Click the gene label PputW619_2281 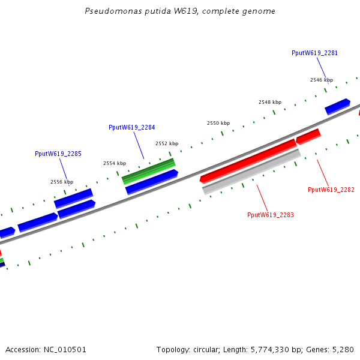[x=314, y=53]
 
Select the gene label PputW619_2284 [x=131, y=127]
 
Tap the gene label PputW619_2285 [x=58, y=154]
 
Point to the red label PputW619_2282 [x=331, y=190]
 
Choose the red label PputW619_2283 [x=270, y=215]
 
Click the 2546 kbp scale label [x=321, y=80]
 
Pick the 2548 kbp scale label [x=269, y=102]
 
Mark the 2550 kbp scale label [x=218, y=123]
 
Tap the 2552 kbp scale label [x=167, y=143]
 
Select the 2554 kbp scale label [x=115, y=163]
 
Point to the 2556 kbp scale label [x=61, y=182]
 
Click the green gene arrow [x=149, y=171]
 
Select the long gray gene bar [x=251, y=172]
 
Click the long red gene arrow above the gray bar [x=248, y=161]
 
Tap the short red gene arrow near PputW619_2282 [x=308, y=137]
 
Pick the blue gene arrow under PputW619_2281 [x=337, y=106]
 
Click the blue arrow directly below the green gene [x=151, y=182]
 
